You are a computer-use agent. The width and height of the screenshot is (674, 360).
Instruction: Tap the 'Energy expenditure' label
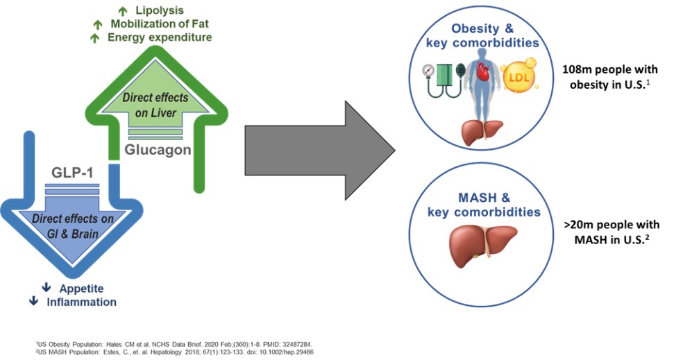[160, 37]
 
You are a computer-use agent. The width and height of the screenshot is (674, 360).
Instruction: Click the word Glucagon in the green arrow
[158, 148]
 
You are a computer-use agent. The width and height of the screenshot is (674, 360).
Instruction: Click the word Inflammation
[81, 302]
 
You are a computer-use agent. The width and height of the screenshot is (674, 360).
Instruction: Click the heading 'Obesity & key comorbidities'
[484, 36]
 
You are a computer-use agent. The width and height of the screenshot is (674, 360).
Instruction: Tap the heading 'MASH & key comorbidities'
[484, 205]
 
